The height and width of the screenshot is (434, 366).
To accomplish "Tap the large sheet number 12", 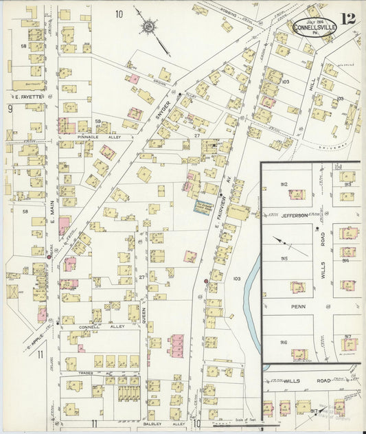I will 347,19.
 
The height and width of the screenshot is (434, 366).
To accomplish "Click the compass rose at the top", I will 146,27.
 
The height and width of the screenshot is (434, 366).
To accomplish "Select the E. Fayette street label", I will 27,97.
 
